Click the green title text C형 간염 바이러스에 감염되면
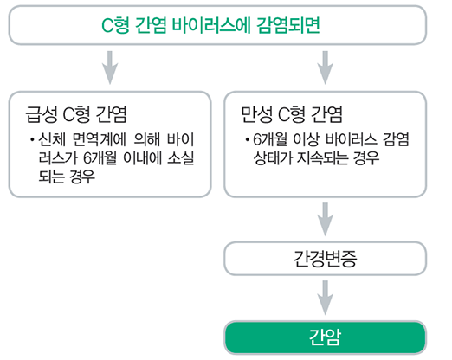pyautogui.click(x=210, y=25)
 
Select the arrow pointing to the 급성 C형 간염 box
pyautogui.click(x=110, y=67)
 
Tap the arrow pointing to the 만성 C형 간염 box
pyautogui.click(x=326, y=67)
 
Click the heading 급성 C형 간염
pyautogui.click(x=76, y=114)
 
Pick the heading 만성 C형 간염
pyautogui.click(x=292, y=114)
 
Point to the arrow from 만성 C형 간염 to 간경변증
pyautogui.click(x=326, y=219)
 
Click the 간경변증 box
pyautogui.click(x=326, y=259)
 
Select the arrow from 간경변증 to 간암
pyautogui.click(x=326, y=298)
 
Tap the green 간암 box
pyautogui.click(x=326, y=337)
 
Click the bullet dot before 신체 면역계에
pyautogui.click(x=32, y=140)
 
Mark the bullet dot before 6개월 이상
pyautogui.click(x=247, y=140)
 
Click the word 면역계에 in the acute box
pyautogui.click(x=99, y=139)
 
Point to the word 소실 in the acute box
pyautogui.click(x=181, y=158)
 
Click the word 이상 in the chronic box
pyautogui.click(x=307, y=139)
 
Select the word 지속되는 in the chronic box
pyautogui.click(x=323, y=158)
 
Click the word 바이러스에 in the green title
pyautogui.click(x=211, y=25)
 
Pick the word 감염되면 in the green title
pyautogui.click(x=288, y=25)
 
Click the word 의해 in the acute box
pyautogui.click(x=147, y=139)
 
